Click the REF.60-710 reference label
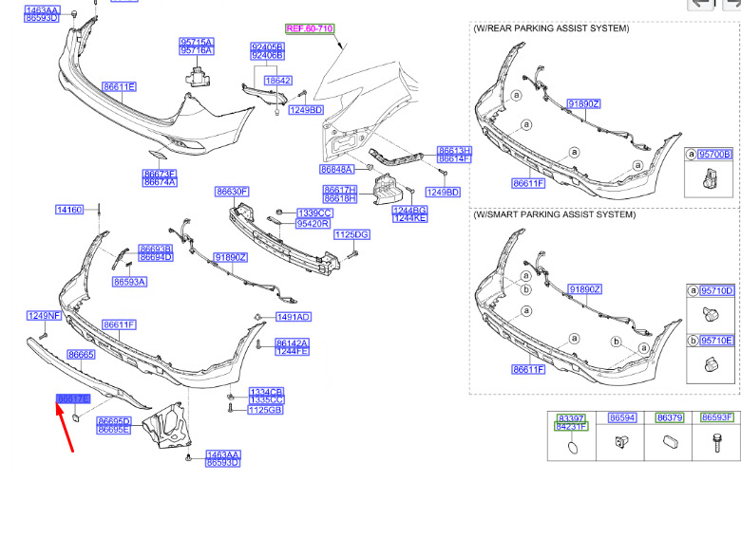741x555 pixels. (x=310, y=29)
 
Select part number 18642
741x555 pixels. (x=277, y=82)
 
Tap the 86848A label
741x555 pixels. (x=336, y=169)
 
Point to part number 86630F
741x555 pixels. (x=232, y=192)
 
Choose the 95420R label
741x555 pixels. (x=313, y=225)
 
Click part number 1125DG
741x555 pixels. (x=351, y=234)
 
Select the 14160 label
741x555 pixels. (x=69, y=210)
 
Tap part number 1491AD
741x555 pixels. (x=294, y=317)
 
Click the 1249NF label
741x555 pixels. (x=43, y=315)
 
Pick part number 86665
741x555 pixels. (x=81, y=354)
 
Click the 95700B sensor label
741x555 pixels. (x=714, y=154)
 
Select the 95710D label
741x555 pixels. (x=717, y=290)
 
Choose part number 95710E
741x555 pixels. (x=717, y=340)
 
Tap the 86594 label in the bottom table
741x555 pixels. (x=621, y=417)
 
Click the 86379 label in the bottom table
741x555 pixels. (x=670, y=417)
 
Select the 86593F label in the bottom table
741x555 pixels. (x=717, y=417)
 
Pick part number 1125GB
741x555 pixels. (x=266, y=410)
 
